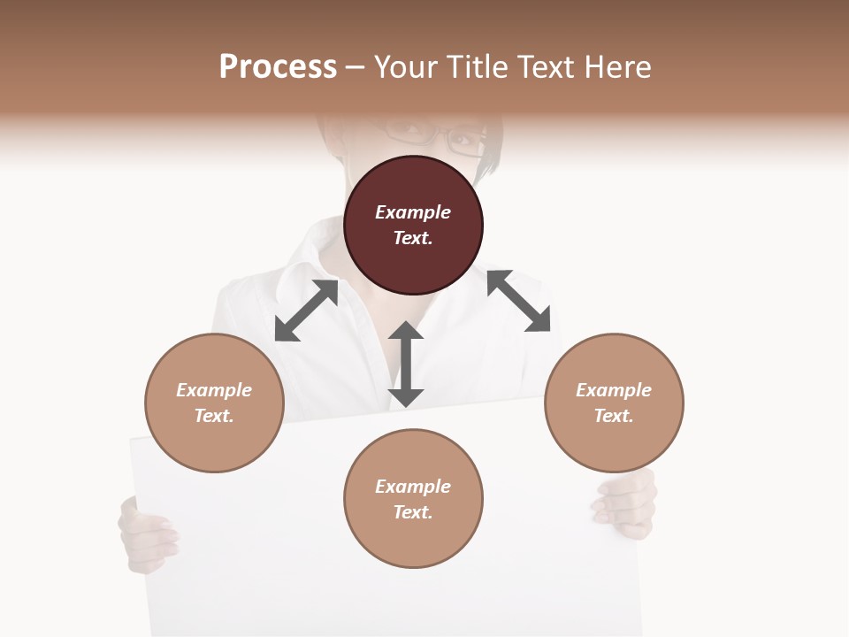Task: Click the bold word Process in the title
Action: [278, 67]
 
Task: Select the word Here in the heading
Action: [617, 67]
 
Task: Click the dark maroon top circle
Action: [413, 226]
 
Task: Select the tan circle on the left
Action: [214, 403]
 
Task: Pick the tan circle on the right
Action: [614, 403]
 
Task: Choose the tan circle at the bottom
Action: [413, 499]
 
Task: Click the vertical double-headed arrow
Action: [406, 365]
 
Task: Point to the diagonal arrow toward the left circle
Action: [306, 311]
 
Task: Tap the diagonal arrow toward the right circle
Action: [519, 302]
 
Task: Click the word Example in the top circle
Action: [413, 212]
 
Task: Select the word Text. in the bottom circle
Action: [413, 512]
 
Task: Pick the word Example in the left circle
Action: [214, 390]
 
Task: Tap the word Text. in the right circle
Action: [614, 416]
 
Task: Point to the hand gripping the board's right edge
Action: [626, 504]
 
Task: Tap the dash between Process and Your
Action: [356, 67]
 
